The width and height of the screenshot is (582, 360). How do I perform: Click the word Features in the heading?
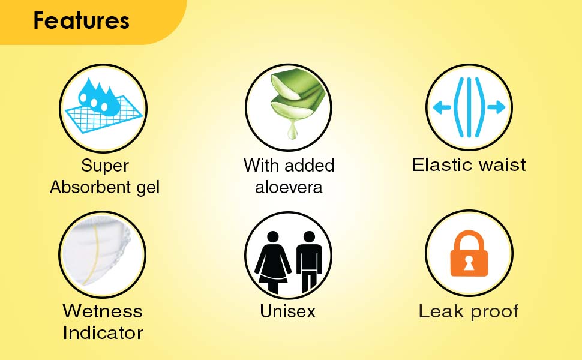coord(81,21)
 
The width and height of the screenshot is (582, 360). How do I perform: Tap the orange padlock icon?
coord(469,253)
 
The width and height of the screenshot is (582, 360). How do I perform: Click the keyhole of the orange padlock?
coord(469,262)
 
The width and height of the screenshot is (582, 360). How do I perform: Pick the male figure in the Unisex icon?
coord(309,262)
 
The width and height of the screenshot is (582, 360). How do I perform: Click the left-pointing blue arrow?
coord(442,107)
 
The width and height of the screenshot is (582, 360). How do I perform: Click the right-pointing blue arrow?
coord(496,107)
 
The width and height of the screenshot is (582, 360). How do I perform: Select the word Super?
coord(104,166)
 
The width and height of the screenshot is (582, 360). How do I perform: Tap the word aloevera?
coord(289,188)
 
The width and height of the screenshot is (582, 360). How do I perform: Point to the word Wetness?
coord(103,311)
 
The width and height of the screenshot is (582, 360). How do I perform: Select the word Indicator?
coord(103,333)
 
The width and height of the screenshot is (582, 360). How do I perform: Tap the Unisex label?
coord(287,311)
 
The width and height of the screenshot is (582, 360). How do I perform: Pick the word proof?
coord(494,313)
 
